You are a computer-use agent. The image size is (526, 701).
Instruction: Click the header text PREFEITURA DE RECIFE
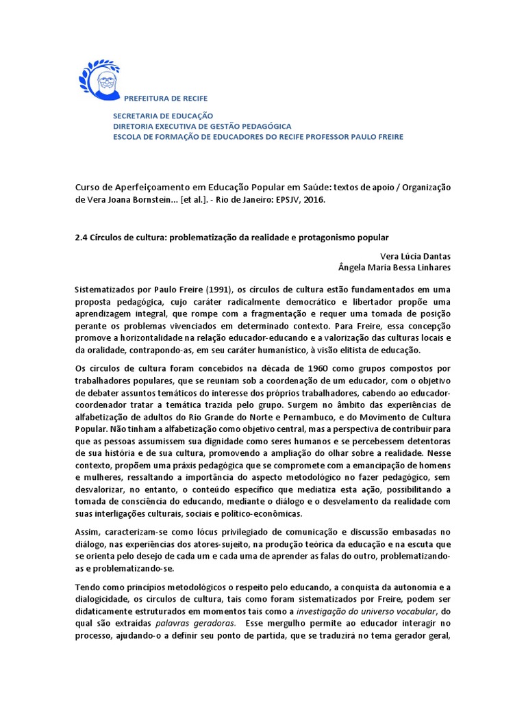(x=166, y=99)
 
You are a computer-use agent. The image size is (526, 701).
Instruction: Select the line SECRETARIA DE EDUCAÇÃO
(x=163, y=116)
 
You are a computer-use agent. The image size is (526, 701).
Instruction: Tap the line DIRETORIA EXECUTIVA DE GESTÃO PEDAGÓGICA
(x=202, y=127)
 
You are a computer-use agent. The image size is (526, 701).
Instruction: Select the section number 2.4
(x=81, y=237)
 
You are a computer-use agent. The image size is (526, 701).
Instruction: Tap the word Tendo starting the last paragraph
(x=87, y=587)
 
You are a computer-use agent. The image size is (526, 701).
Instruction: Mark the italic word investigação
(x=321, y=611)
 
